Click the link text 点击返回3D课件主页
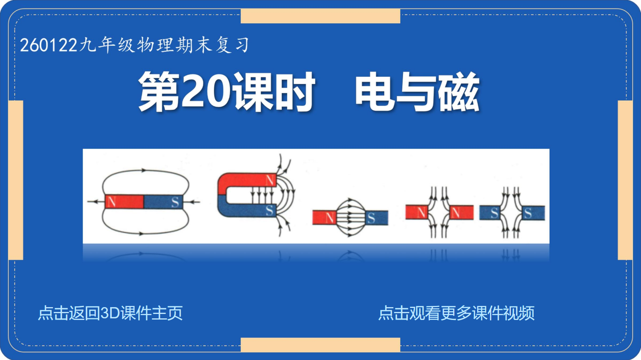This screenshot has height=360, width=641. [111, 313]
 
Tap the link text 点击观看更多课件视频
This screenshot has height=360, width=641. [456, 313]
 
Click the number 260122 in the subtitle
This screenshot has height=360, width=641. [48, 45]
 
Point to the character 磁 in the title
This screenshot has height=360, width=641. [459, 92]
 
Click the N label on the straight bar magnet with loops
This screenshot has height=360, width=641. [112, 202]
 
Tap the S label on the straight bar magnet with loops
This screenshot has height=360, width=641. [175, 202]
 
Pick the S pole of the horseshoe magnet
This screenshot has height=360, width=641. [269, 211]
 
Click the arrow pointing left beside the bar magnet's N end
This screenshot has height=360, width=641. [96, 202]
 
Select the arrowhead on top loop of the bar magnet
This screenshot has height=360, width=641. [144, 171]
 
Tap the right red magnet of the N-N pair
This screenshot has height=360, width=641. [461, 213]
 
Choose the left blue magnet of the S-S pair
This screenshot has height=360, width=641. [490, 213]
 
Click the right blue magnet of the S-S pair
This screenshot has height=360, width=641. [533, 213]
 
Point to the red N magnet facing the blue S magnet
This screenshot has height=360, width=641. [324, 217]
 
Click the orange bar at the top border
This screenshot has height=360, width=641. [320, 16]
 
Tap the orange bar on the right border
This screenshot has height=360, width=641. [625, 180]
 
